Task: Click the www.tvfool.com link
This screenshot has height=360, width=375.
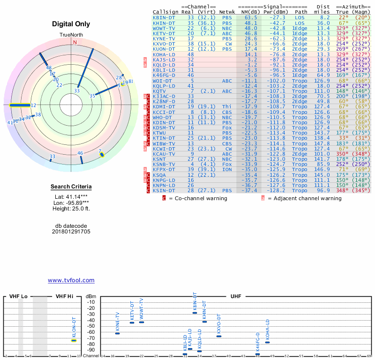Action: point(71,280)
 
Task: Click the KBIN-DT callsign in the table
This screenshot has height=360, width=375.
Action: point(164,17)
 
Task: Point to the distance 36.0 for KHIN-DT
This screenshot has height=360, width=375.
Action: point(323,22)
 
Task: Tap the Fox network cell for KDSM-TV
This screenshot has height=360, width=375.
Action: point(227,127)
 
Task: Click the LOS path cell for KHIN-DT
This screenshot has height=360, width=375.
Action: point(300,22)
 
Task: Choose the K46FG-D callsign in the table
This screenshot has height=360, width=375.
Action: point(164,75)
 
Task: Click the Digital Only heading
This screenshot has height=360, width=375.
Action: point(71,24)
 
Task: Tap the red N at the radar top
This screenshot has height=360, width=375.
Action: point(75,42)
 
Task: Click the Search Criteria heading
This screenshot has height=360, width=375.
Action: point(71,187)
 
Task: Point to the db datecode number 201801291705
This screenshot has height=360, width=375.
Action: point(71,232)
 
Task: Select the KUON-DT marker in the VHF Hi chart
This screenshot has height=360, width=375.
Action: point(74,340)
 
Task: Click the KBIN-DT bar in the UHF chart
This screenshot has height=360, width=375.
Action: point(195,313)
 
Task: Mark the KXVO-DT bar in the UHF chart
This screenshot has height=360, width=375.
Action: point(219,336)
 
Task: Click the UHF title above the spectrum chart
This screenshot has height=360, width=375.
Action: point(236,296)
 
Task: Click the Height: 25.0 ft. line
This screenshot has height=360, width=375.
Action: point(71,209)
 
